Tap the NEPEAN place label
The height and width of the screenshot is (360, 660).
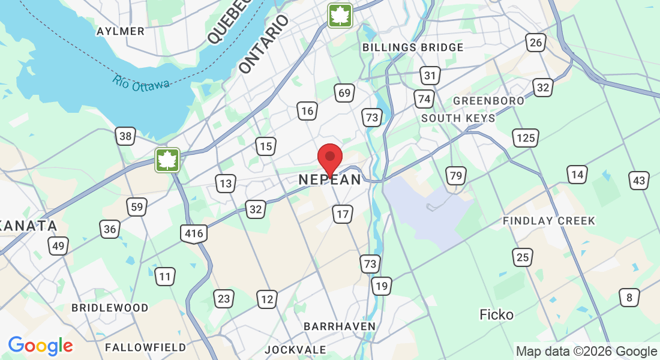[330, 179]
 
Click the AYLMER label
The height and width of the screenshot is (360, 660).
[120, 31]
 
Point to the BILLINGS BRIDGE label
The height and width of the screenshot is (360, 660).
[413, 47]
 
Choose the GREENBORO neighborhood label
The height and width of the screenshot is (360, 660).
[488, 101]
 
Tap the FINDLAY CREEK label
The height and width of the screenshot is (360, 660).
[549, 221]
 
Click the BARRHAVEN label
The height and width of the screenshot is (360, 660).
[340, 326]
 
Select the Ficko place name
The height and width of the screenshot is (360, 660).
[497, 314]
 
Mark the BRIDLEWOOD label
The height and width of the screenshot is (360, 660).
[110, 308]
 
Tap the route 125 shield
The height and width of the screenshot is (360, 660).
[526, 138]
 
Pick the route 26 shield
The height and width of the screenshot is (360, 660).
[535, 42]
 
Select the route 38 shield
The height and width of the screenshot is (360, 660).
[125, 136]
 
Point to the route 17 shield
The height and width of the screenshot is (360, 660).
[343, 214]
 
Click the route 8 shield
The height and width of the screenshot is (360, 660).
[629, 297]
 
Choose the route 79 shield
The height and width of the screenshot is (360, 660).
[456, 176]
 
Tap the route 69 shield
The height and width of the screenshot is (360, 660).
[344, 92]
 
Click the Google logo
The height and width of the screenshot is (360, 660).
[40, 345]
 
